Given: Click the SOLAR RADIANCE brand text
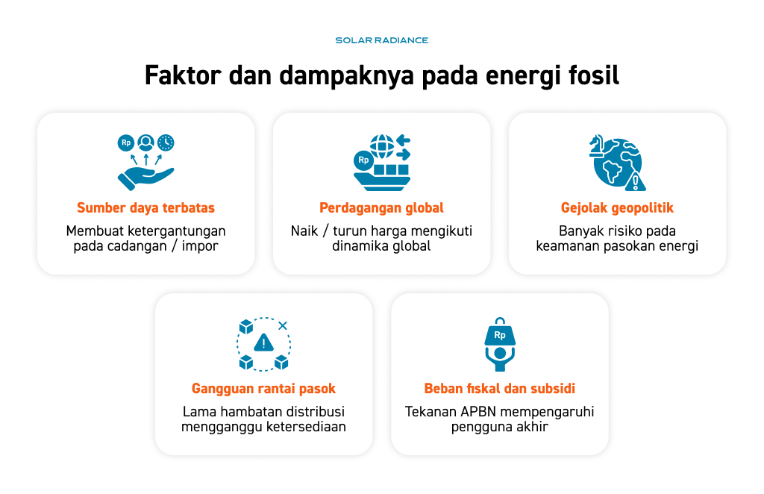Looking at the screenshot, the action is click(381, 40).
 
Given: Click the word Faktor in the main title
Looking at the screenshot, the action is click(183, 75).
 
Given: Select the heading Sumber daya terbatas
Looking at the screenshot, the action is click(145, 208).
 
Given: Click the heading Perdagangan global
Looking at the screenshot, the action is click(381, 208).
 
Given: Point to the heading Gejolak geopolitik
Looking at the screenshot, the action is click(617, 208).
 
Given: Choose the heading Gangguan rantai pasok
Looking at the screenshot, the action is click(263, 389).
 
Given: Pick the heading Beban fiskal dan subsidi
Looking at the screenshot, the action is click(499, 389).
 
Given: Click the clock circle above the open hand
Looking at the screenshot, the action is click(166, 143).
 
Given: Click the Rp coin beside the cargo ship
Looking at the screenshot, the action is click(363, 160).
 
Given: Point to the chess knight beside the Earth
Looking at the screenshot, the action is click(597, 146).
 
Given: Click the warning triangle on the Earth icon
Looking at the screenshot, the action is click(636, 182).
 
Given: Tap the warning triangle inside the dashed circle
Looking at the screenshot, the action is click(263, 343).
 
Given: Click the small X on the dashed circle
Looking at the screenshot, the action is click(283, 325).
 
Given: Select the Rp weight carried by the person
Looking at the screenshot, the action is click(500, 333).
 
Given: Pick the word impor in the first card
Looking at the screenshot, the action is click(200, 246).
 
